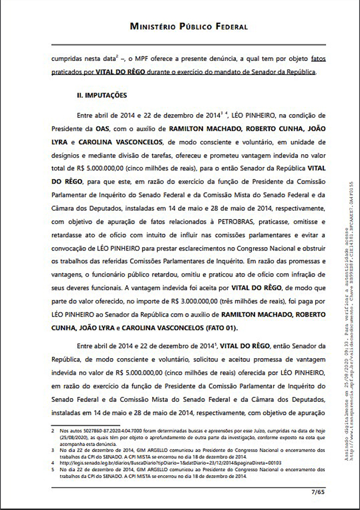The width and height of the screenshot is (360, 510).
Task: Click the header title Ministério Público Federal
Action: tap(188, 26)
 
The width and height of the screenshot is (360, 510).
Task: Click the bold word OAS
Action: tap(118, 127)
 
